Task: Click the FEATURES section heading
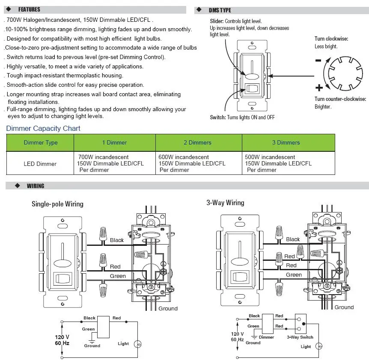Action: (29, 9)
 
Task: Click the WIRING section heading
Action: (36, 186)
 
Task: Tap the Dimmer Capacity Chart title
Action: (43, 128)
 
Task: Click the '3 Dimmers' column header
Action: (286, 142)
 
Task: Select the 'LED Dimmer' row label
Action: (40, 164)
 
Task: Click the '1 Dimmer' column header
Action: (114, 142)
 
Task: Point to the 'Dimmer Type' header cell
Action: (40, 142)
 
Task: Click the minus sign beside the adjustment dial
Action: (318, 60)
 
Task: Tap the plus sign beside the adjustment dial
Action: (318, 88)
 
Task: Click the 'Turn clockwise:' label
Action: (331, 39)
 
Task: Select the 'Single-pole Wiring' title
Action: (57, 204)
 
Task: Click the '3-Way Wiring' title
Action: (225, 203)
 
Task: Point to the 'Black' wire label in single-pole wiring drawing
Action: (116, 240)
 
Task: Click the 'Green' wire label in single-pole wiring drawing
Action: (118, 276)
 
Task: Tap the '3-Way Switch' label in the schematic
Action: (300, 337)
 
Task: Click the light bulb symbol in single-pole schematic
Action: (138, 344)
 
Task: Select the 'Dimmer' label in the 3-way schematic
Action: (267, 337)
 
